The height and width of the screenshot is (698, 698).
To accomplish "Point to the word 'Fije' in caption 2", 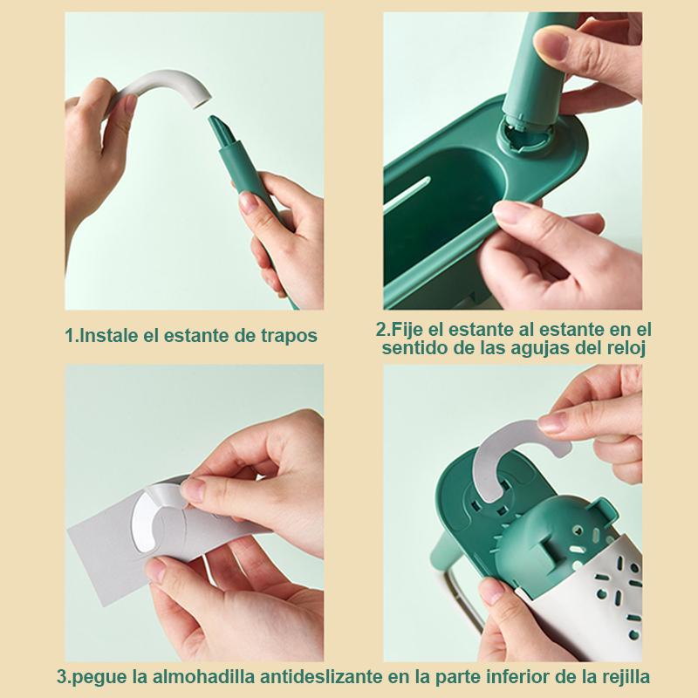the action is point(407,331).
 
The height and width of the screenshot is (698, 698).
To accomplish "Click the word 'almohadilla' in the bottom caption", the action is point(204,678).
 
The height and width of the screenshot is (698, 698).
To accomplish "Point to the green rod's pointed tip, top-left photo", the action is point(211,118).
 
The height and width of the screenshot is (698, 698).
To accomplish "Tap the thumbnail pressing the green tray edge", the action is point(510,212).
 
